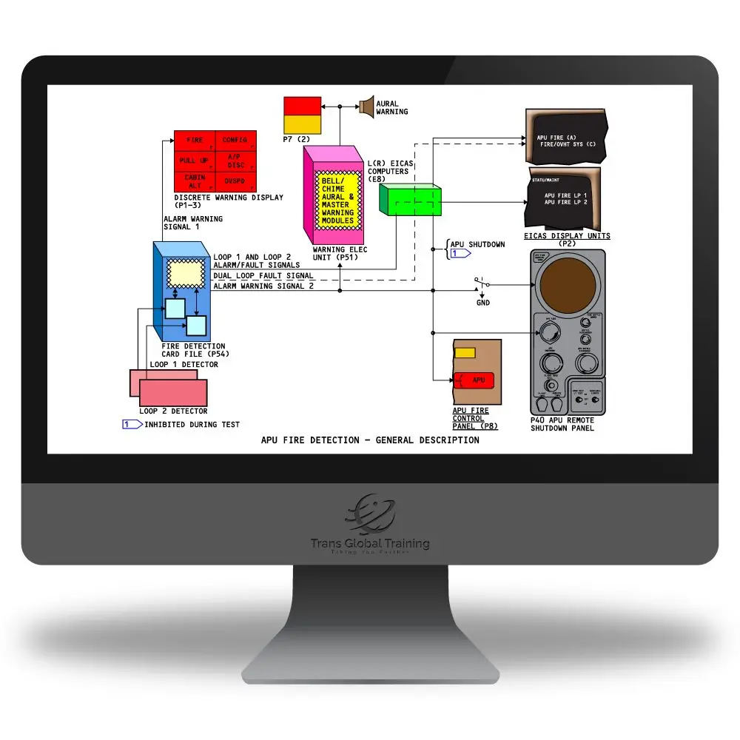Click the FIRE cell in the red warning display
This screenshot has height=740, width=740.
click(195, 140)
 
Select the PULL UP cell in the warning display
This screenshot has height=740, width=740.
click(195, 161)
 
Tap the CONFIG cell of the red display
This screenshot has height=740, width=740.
click(235, 140)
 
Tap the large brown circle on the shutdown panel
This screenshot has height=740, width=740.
click(568, 282)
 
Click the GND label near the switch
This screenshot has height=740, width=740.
click(482, 303)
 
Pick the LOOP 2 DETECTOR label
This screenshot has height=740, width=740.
click(173, 411)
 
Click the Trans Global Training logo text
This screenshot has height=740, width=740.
click(370, 544)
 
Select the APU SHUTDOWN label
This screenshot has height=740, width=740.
click(478, 244)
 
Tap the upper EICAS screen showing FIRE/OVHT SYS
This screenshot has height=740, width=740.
click(566, 138)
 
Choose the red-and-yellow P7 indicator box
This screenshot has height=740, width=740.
click(303, 115)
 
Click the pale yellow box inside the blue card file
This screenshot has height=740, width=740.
click(186, 273)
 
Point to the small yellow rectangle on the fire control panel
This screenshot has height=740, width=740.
click(465, 353)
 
